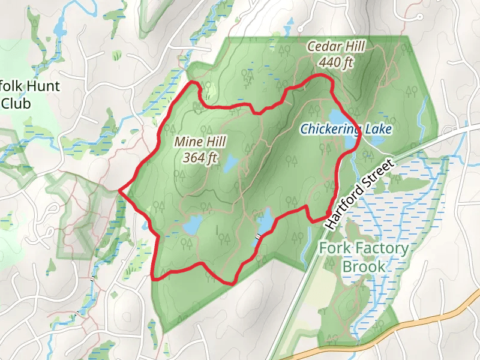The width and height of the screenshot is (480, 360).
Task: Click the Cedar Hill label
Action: point(335,46)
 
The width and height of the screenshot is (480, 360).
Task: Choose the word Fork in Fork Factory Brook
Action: point(334,248)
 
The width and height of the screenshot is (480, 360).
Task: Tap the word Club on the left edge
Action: point(16,103)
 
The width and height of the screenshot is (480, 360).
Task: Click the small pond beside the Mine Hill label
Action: point(230,163)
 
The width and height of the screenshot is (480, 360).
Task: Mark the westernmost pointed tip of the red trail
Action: point(120,190)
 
